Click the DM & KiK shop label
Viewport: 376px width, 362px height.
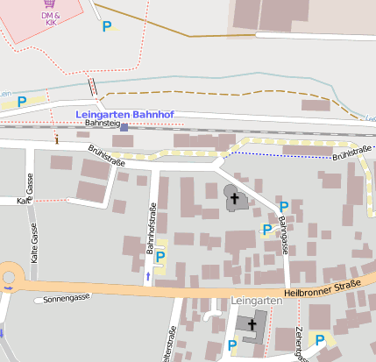click(x=50, y=18)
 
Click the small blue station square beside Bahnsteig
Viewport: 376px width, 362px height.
click(x=124, y=127)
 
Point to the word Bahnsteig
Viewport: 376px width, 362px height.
click(x=101, y=124)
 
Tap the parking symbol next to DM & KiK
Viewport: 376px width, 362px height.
click(x=107, y=27)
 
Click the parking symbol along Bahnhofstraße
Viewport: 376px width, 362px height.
click(x=160, y=257)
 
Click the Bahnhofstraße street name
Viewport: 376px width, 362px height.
click(x=152, y=233)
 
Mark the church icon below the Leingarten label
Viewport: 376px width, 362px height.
click(x=252, y=324)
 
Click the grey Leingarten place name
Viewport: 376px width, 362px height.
click(x=258, y=301)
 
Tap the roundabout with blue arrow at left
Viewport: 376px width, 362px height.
click(x=9, y=277)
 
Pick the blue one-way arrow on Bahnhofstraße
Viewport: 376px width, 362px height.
click(x=147, y=276)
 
